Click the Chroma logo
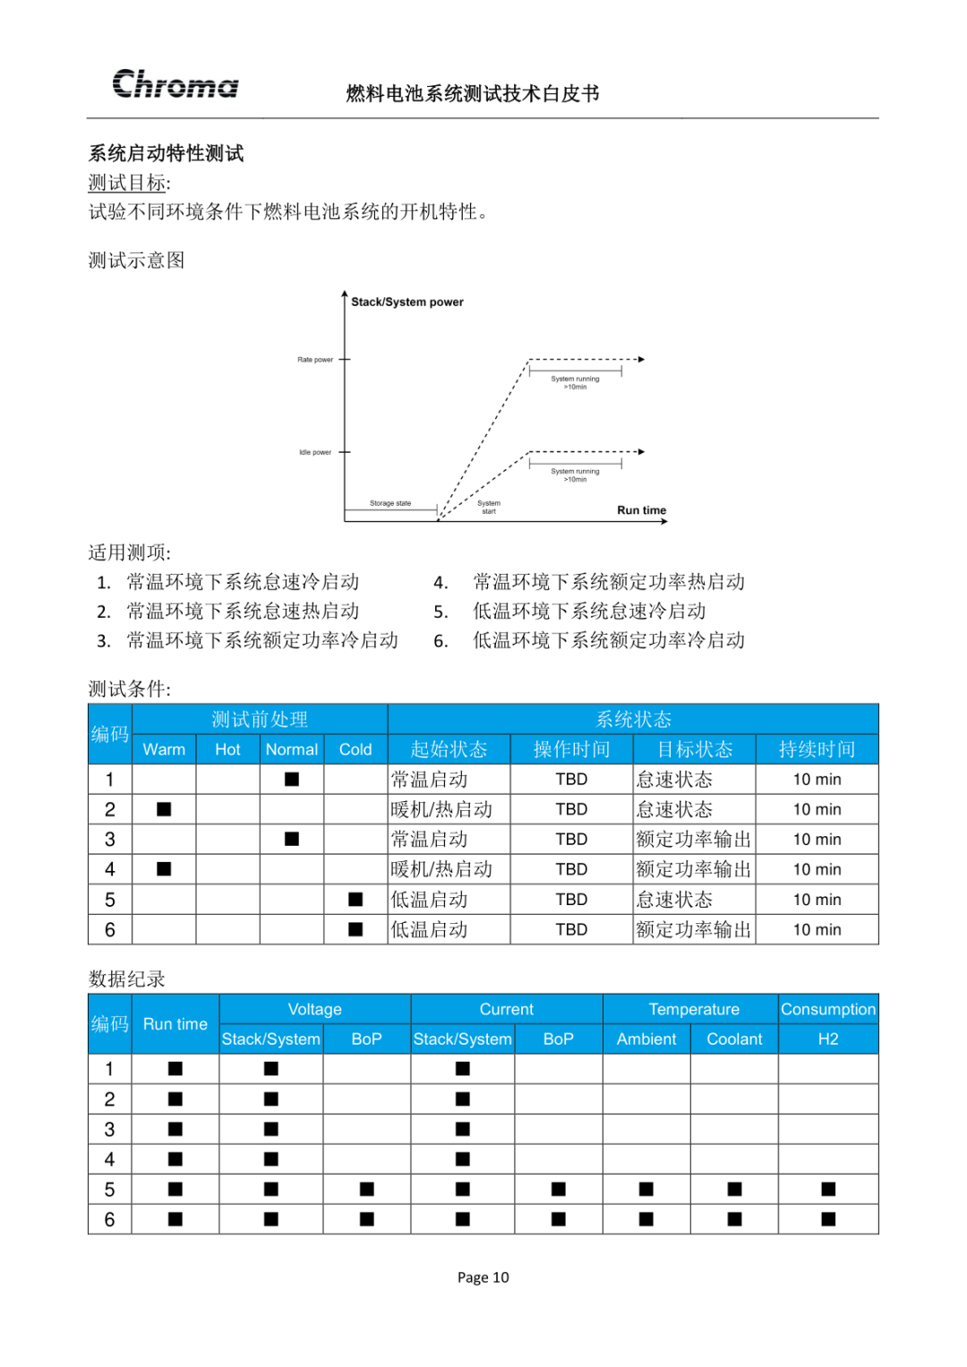coord(175,84)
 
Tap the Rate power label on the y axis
coord(315,360)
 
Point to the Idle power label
coord(315,452)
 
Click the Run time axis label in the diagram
coord(641,510)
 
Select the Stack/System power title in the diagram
coord(407,302)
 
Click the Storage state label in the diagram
coord(390,503)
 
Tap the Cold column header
coord(355,749)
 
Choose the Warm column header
coord(164,749)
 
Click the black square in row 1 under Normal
coord(292,779)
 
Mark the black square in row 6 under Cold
coord(355,929)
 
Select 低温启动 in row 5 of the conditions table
coord(430,900)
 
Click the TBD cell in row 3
coord(571,839)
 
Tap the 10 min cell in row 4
coord(817,869)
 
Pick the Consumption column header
coord(828,1009)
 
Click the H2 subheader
coord(828,1038)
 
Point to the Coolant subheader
coord(734,1038)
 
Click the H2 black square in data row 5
coord(828,1189)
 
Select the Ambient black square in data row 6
coord(646,1218)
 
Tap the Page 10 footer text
coord(483,1277)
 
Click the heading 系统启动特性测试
coord(167,153)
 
